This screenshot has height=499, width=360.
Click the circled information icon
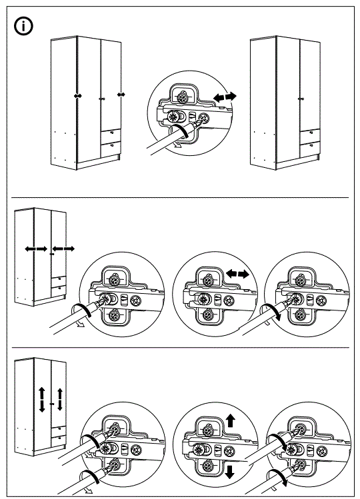pyautogui.click(x=24, y=27)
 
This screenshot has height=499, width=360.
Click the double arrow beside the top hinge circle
pyautogui.click(x=225, y=97)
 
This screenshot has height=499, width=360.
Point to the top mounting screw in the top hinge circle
pyautogui.click(x=181, y=97)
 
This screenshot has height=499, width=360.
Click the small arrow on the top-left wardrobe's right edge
pyautogui.click(x=121, y=95)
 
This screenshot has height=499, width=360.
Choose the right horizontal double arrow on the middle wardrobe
pyautogui.click(x=63, y=249)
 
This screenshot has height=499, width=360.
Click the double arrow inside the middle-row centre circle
pyautogui.click(x=237, y=274)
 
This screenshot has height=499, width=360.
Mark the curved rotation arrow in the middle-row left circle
pyautogui.click(x=81, y=311)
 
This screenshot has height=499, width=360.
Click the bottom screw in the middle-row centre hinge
pyautogui.click(x=207, y=315)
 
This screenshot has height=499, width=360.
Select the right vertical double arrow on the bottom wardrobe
pyautogui.click(x=59, y=398)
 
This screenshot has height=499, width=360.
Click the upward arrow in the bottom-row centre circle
pyautogui.click(x=231, y=420)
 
